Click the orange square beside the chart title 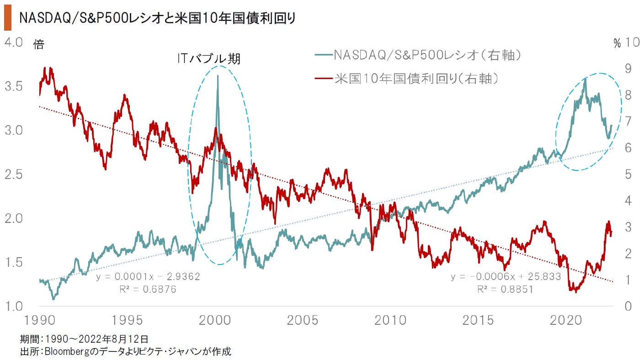[x=7, y=19]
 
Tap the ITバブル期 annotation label [x=208, y=59]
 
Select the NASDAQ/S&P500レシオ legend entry [x=418, y=55]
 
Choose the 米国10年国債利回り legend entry [x=406, y=79]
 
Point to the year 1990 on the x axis [x=38, y=320]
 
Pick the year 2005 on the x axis [x=305, y=320]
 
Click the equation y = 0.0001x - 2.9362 [x=148, y=277]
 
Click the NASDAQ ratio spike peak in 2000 [x=217, y=76]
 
